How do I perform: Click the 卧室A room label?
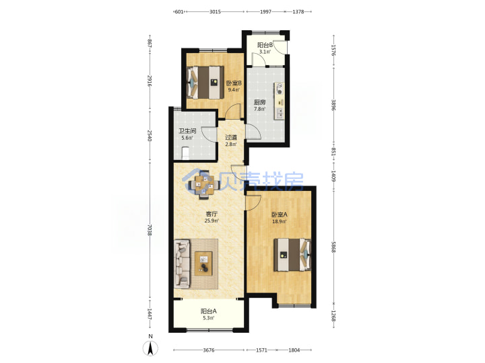coord(280,214)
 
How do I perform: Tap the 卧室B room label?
coord(234,83)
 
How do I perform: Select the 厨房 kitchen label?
coord(259,102)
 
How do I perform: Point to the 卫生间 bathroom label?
coord(187,131)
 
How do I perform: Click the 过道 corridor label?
coord(231,137)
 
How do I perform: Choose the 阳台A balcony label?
coord(208,311)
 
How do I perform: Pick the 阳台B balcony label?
coord(265,45)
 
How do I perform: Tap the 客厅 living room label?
coord(212,214)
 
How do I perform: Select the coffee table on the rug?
coord(203,264)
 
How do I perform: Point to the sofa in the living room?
coord(182,264)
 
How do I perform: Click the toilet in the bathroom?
coord(185,153)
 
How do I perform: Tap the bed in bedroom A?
coord(292,255)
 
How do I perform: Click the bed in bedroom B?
coord(205,83)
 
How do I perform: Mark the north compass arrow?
coord(150,348)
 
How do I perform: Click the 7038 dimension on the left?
coord(149,230)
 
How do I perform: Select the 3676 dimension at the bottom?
coord(209,350)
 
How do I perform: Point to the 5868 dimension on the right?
coord(333,247)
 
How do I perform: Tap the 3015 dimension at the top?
coord(215,11)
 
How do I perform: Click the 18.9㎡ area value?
coord(280,222)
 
